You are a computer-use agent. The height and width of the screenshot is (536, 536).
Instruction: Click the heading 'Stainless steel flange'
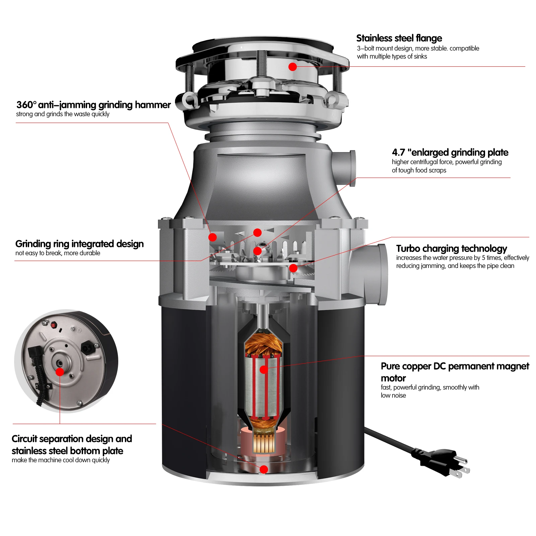click(x=399, y=38)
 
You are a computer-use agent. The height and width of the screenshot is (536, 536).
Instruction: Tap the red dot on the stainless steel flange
click(x=292, y=67)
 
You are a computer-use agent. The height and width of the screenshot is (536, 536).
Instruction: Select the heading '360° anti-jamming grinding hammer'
click(x=93, y=105)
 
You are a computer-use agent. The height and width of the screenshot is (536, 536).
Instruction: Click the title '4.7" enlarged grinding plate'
click(x=450, y=152)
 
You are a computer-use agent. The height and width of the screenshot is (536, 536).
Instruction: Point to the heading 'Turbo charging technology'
click(x=451, y=249)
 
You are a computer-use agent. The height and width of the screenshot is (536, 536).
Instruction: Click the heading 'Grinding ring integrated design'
click(x=79, y=244)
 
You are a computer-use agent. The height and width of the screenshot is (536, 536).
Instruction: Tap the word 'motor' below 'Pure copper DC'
click(x=393, y=378)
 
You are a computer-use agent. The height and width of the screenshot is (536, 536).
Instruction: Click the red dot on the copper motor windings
click(x=264, y=370)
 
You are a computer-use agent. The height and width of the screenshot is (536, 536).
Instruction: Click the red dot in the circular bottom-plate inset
click(x=60, y=372)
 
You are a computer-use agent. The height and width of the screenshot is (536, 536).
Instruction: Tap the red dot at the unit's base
click(x=264, y=469)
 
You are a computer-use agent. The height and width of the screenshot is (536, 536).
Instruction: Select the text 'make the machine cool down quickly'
click(x=61, y=460)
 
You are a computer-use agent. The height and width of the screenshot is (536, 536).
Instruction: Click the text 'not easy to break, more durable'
click(x=58, y=253)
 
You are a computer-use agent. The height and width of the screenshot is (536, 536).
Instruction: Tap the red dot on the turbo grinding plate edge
click(x=293, y=268)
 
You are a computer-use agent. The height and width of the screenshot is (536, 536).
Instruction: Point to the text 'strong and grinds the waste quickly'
click(x=63, y=114)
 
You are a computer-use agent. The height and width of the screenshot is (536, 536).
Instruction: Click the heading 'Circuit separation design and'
click(x=72, y=439)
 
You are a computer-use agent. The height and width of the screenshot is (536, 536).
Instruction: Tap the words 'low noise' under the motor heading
click(x=393, y=395)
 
